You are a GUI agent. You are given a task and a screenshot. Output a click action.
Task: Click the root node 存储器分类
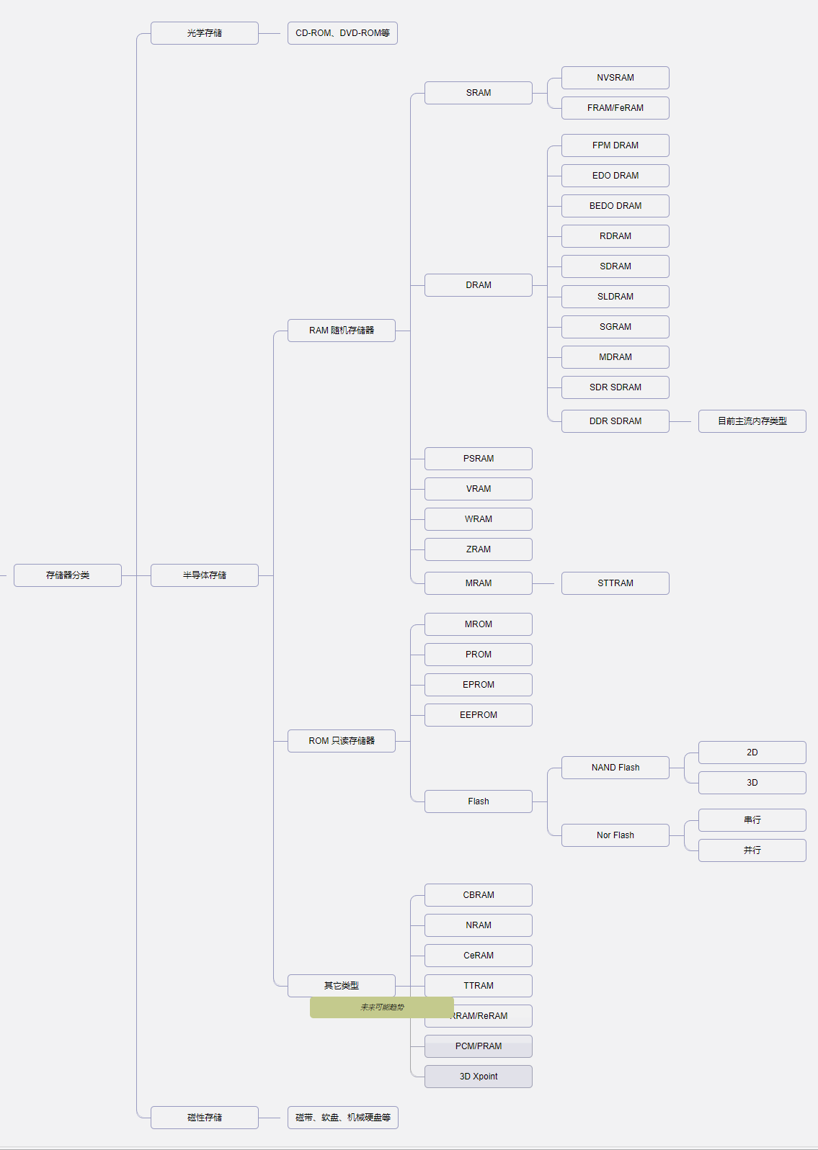(68, 575)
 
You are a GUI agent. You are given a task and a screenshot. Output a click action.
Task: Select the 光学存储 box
(205, 33)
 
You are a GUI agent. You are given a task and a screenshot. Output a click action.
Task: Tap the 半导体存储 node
(205, 575)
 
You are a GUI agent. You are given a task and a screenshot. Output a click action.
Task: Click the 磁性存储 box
(205, 1118)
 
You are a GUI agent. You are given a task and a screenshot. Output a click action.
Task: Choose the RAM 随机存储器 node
(342, 331)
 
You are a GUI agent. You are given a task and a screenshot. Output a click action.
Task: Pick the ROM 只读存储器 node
(342, 741)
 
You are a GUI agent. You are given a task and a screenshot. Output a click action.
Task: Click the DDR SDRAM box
(615, 421)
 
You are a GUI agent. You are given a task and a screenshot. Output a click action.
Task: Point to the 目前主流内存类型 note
(752, 421)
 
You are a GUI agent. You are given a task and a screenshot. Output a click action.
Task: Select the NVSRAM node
(615, 78)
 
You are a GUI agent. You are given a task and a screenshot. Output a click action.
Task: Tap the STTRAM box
(615, 583)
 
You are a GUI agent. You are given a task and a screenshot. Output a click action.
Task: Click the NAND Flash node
(615, 768)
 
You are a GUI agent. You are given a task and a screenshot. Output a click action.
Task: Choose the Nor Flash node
(615, 835)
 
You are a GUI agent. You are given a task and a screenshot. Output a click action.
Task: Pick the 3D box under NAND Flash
(752, 783)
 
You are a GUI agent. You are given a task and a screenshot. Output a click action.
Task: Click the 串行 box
(752, 820)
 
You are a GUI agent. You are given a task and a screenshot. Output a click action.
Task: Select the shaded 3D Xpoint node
(479, 1077)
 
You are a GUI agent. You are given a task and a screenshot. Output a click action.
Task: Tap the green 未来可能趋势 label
(382, 1007)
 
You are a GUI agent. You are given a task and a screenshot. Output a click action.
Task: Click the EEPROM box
(479, 715)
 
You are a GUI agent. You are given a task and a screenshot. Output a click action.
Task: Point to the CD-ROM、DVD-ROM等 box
(343, 33)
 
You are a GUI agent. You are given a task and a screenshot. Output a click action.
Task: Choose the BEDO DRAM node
(615, 206)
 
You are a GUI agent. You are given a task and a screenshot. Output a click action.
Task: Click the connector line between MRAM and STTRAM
(547, 583)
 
